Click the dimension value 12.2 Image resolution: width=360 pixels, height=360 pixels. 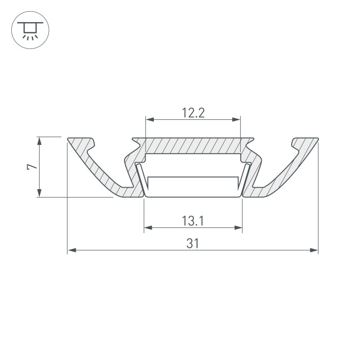click(x=193, y=113)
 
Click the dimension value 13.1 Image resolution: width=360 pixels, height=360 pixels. click(x=193, y=221)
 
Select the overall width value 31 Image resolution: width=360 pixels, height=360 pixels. click(x=193, y=243)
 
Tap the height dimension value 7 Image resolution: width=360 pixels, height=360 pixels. click(x=32, y=167)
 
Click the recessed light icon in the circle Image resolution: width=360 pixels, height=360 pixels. click(x=30, y=30)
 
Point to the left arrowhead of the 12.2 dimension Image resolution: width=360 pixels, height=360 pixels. click(x=150, y=119)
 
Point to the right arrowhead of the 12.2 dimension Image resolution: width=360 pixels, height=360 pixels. click(x=236, y=119)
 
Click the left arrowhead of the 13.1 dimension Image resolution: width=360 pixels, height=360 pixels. click(x=148, y=228)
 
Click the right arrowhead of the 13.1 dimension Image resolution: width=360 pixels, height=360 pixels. click(x=238, y=228)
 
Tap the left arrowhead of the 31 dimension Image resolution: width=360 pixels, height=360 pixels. click(x=72, y=250)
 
